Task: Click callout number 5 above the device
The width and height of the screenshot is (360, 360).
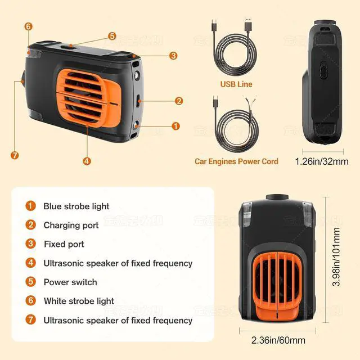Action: point(112,36)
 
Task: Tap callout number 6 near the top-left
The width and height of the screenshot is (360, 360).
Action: point(28,26)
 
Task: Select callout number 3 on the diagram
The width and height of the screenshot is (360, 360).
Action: point(173,56)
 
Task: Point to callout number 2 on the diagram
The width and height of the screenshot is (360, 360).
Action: point(179,101)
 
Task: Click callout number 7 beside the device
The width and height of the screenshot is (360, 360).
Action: point(15,155)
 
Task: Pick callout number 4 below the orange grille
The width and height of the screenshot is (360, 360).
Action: point(87,161)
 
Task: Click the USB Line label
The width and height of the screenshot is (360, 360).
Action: point(236,84)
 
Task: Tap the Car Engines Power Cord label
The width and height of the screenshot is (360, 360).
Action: point(236,161)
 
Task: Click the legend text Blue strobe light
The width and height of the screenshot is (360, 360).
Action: point(76,206)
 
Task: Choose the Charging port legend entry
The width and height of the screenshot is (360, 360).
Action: point(71,225)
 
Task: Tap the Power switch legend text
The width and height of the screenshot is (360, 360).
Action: point(70,282)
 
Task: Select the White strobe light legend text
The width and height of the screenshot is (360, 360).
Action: point(79,301)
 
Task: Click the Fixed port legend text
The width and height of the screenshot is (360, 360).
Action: point(64,244)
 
